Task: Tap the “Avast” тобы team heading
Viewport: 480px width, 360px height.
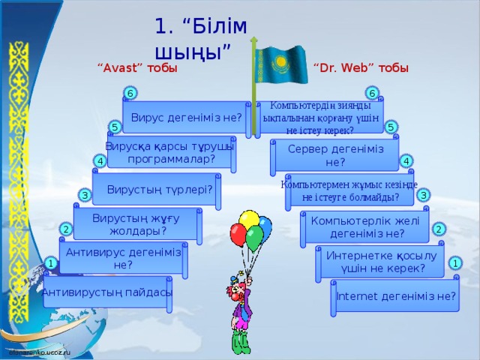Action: (x=137, y=68)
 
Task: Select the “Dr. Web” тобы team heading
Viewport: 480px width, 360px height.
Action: (x=361, y=68)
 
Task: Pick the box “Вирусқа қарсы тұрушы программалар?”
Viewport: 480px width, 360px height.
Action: (x=170, y=152)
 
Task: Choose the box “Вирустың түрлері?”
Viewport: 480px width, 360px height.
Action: (x=159, y=188)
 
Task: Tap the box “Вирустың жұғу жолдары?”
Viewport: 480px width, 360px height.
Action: (x=136, y=223)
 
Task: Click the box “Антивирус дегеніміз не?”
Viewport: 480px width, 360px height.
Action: (x=123, y=258)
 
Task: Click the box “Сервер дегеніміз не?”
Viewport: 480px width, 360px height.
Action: (x=335, y=155)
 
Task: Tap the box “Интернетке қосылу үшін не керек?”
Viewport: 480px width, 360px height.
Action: (x=381, y=262)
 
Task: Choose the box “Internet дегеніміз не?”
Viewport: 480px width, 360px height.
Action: (x=396, y=296)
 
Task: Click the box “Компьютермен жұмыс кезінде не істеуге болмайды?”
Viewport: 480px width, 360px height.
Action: (x=349, y=191)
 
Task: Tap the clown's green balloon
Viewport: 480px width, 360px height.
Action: (x=255, y=238)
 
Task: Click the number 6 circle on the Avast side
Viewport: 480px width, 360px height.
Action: (x=130, y=93)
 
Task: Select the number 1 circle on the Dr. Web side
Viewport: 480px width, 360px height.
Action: (x=455, y=263)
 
